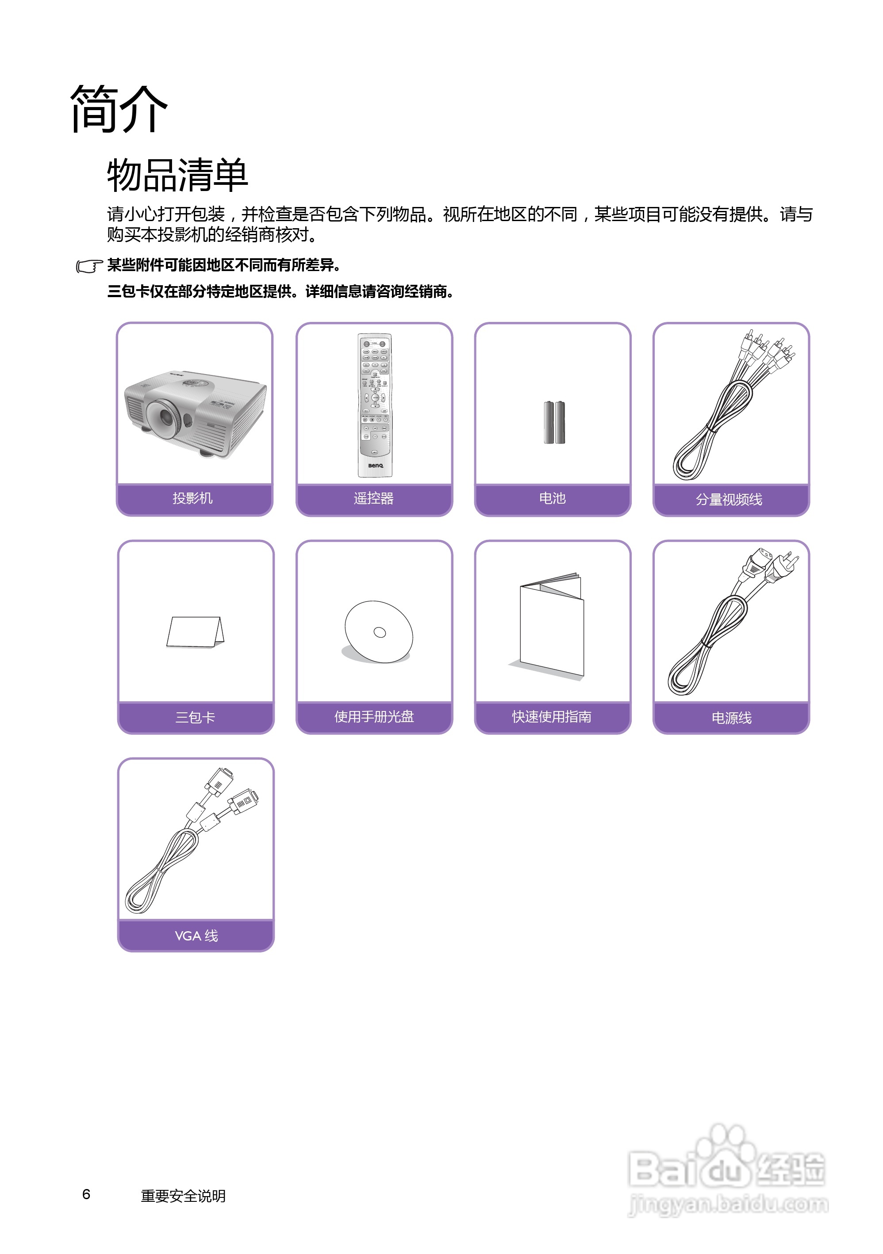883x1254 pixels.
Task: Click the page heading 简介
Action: pos(119,109)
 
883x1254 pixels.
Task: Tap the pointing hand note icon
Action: pos(89,266)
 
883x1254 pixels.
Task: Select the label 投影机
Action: pos(193,498)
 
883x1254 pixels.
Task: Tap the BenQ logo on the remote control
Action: pos(376,465)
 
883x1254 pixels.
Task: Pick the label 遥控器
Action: pos(374,498)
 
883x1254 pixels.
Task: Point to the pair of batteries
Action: pos(554,422)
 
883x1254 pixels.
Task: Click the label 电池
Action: pos(553,498)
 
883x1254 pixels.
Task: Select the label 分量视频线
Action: pos(729,499)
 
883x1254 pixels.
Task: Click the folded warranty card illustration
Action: pos(195,632)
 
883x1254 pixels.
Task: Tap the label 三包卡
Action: pos(195,717)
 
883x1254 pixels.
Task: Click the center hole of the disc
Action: pos(380,632)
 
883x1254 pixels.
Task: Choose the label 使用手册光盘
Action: pos(374,717)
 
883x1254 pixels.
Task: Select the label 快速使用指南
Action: pos(552,717)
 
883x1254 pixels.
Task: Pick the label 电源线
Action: pos(731,718)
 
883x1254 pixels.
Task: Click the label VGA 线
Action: pos(196,936)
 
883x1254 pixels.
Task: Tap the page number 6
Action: pos(86,1194)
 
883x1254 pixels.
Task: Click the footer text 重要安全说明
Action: pos(183,1196)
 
